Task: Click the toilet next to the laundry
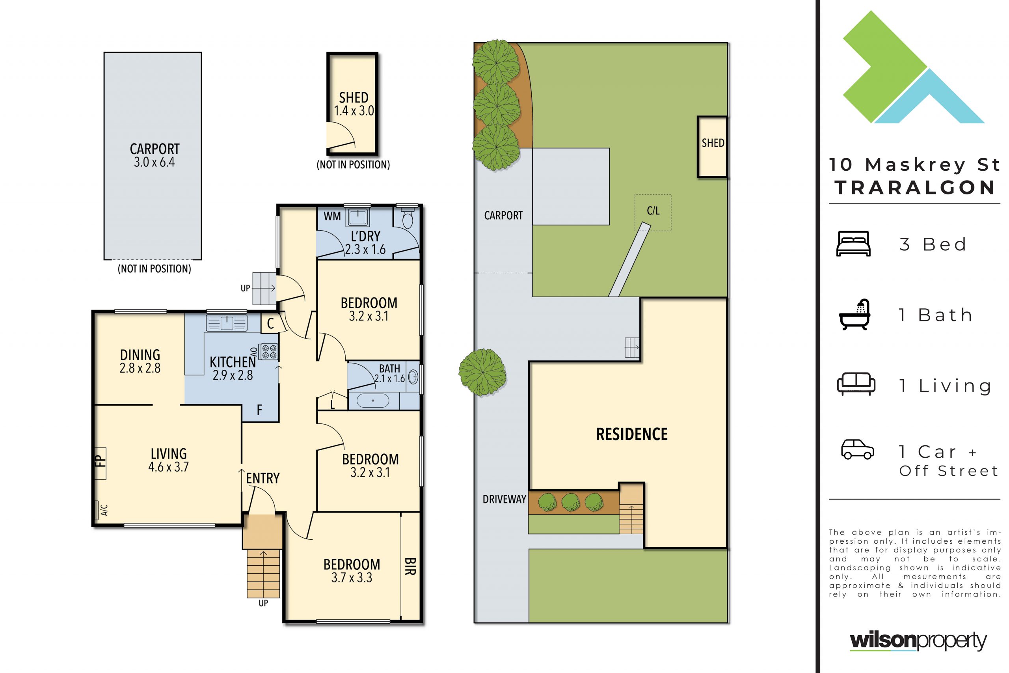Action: [x=407, y=218]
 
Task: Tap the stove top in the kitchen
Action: [x=269, y=352]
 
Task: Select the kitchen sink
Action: [x=227, y=323]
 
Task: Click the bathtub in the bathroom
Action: [x=373, y=401]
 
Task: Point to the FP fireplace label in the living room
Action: [x=100, y=461]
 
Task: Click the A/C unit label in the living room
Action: [x=104, y=510]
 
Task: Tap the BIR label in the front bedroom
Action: [x=410, y=567]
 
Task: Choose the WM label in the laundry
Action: [x=332, y=216]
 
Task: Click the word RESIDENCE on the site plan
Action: [x=631, y=434]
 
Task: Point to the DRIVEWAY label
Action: [x=504, y=499]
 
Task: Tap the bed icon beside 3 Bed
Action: [x=853, y=243]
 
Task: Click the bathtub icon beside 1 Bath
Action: [x=854, y=315]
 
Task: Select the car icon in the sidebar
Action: [x=857, y=449]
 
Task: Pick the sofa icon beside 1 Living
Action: [x=856, y=384]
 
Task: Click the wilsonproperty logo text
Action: [x=918, y=641]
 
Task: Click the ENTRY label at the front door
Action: [x=262, y=478]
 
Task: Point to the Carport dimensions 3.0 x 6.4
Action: [x=155, y=162]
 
